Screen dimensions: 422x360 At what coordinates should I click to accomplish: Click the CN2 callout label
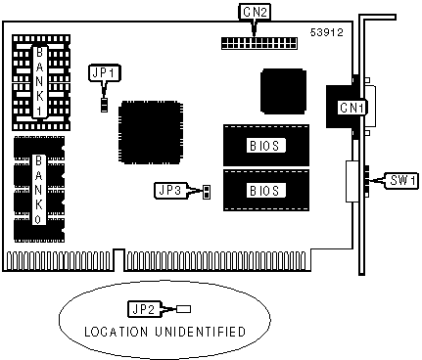coord(255,12)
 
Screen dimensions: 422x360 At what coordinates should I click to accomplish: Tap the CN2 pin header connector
coord(259,43)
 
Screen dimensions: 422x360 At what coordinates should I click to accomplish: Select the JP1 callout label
coord(105,72)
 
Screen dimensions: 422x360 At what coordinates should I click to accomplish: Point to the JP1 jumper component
coord(104,105)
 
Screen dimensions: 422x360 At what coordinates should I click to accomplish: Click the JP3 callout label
coord(169,190)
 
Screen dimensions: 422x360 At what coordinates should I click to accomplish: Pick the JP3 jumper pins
coord(207,192)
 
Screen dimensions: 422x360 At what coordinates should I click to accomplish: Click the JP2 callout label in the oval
coord(144,309)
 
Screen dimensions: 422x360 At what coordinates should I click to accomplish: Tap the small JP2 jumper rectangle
coord(183,309)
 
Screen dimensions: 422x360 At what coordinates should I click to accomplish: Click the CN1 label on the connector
coord(352,108)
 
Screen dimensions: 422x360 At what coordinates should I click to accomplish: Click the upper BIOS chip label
coord(264,146)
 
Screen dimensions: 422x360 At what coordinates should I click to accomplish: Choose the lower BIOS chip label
coord(264,191)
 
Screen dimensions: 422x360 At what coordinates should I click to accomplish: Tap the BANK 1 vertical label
coord(39,81)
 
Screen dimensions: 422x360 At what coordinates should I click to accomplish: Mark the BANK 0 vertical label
coord(38,190)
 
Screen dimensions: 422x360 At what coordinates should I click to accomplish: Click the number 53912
coord(327,32)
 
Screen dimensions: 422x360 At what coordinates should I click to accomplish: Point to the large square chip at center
coord(150,132)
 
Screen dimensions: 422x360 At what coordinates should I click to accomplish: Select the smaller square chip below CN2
coord(283,91)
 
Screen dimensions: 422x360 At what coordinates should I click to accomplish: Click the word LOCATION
coord(116,332)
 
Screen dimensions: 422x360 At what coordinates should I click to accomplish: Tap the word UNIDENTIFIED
coord(200,332)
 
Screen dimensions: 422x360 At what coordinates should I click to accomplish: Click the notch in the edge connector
coord(119,260)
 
